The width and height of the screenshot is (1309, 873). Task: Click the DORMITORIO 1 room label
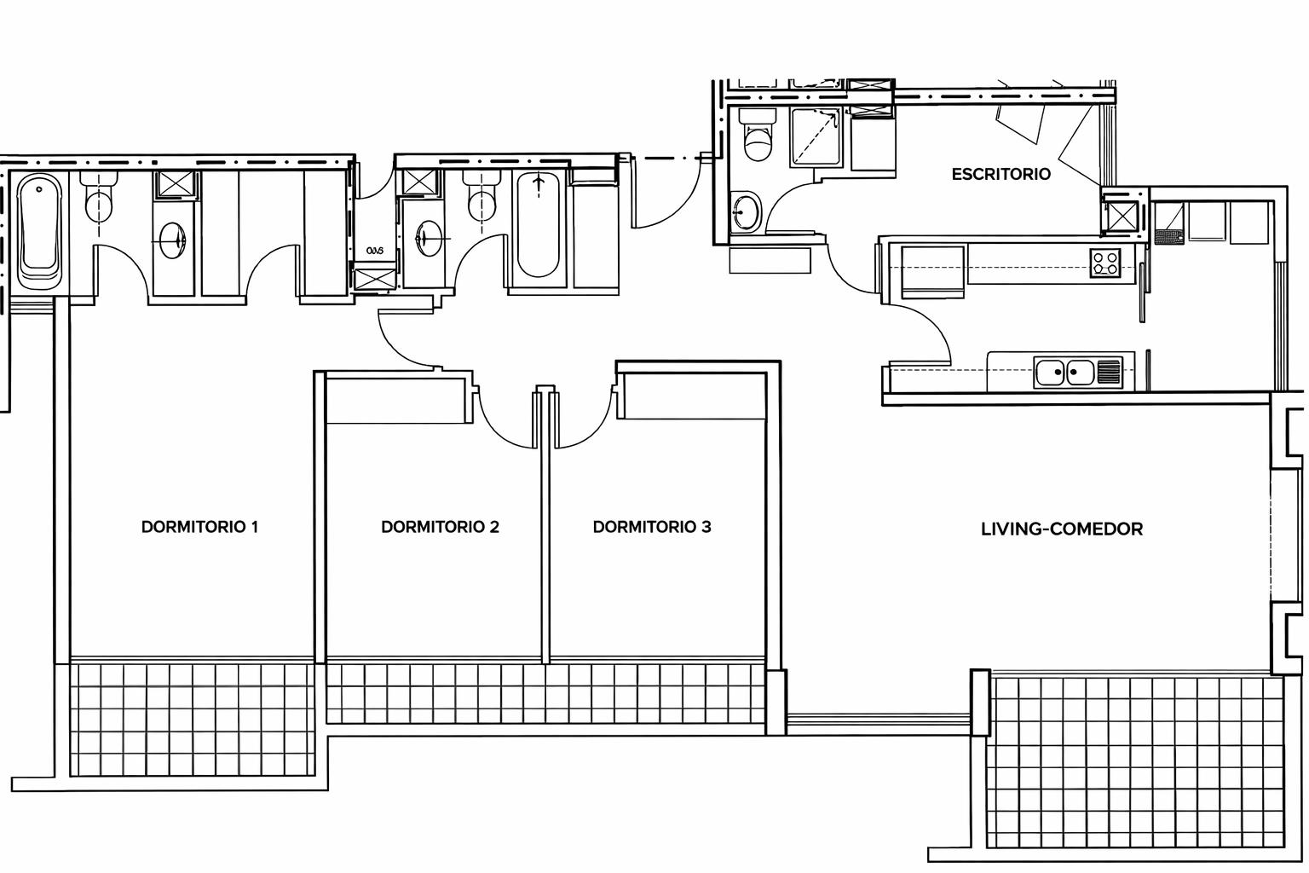pyautogui.click(x=199, y=527)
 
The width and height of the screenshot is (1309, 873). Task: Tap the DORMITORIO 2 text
pyautogui.click(x=440, y=527)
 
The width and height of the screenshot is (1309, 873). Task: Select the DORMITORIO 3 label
pyautogui.click(x=652, y=527)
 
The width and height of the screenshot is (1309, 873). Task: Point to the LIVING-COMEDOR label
pyautogui.click(x=1062, y=529)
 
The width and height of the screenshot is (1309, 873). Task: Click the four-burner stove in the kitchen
pyautogui.click(x=1106, y=263)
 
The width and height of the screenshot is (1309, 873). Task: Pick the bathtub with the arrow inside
pyautogui.click(x=538, y=225)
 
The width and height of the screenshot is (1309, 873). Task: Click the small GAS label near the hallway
pyautogui.click(x=376, y=251)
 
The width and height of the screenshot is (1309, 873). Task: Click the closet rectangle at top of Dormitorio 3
pyautogui.click(x=692, y=396)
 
